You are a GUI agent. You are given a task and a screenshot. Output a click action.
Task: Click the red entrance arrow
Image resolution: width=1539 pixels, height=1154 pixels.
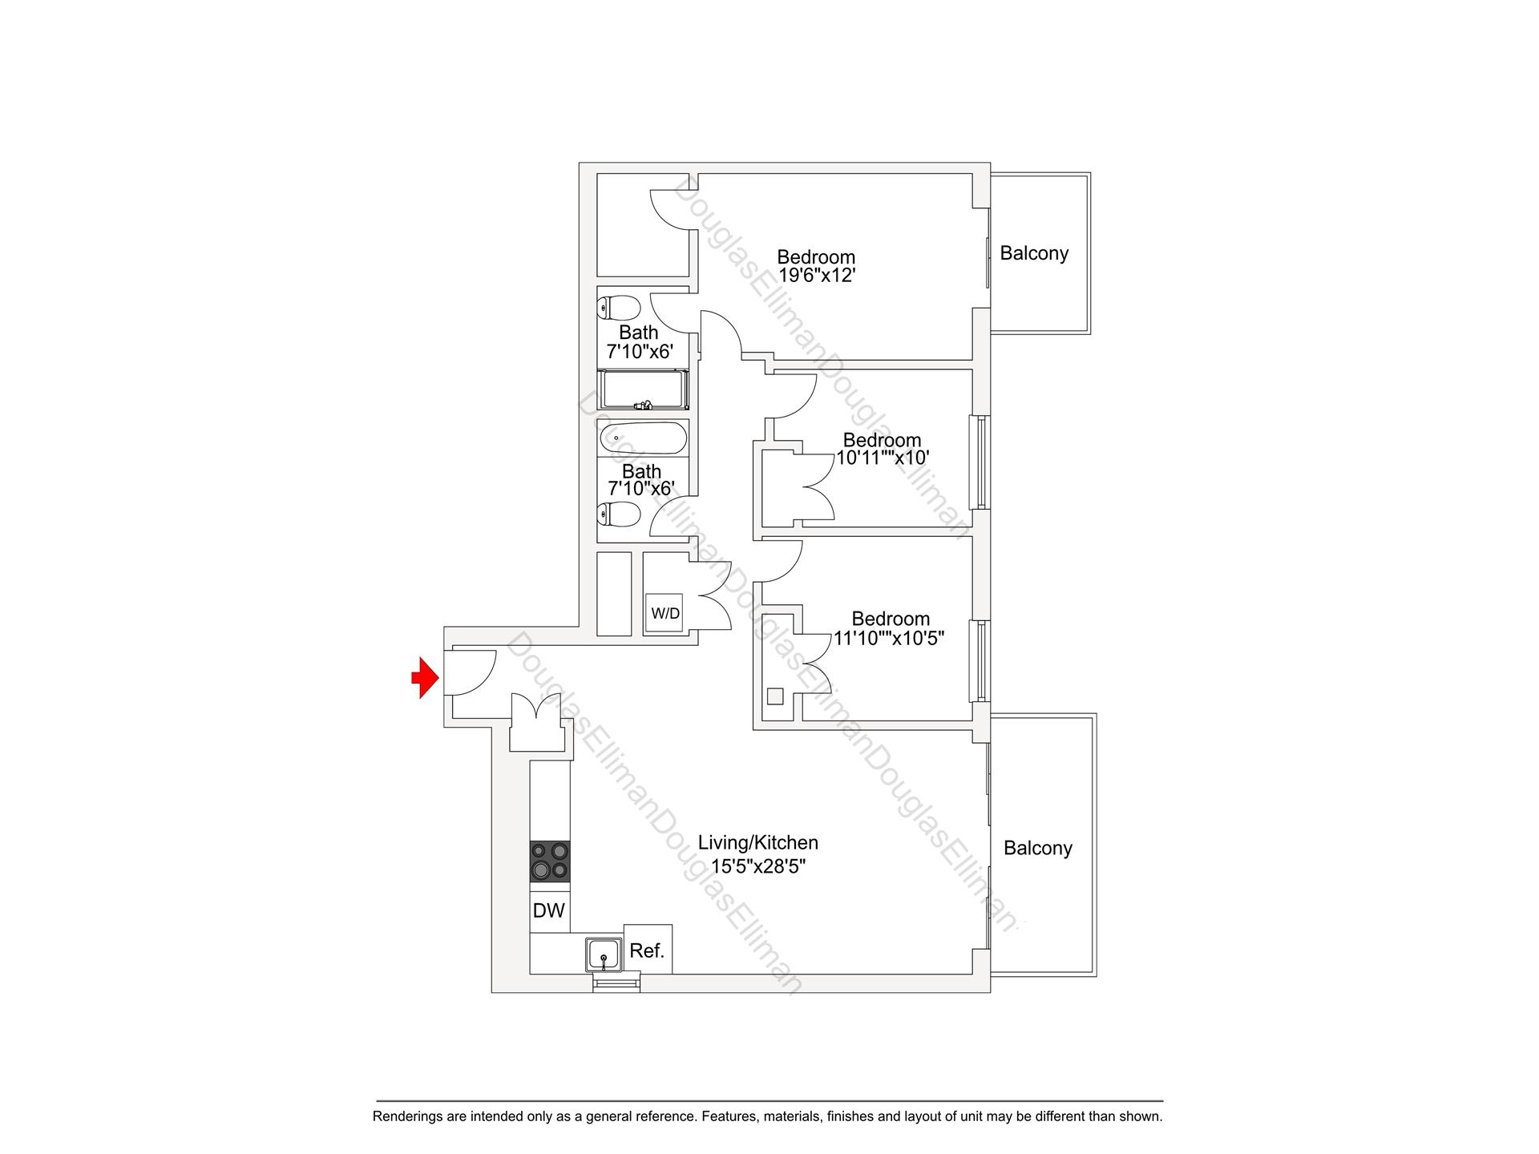(425, 678)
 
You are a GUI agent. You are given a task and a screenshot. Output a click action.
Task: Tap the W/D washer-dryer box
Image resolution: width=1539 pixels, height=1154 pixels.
(664, 614)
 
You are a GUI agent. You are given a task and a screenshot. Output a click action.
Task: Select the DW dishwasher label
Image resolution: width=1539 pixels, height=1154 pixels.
(549, 910)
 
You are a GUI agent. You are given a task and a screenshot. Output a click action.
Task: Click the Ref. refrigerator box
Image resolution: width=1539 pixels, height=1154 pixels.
(648, 950)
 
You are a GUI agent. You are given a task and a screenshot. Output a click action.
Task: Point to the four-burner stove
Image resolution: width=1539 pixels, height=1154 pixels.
(550, 861)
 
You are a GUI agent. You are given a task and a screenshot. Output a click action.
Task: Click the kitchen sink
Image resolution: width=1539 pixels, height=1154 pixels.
(604, 954)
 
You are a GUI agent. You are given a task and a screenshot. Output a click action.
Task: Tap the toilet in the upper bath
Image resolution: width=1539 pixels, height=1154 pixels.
(620, 308)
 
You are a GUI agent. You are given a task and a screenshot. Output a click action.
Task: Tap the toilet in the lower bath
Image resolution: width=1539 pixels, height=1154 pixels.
(620, 514)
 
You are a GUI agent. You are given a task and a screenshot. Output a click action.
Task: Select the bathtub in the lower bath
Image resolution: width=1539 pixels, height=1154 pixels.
(643, 438)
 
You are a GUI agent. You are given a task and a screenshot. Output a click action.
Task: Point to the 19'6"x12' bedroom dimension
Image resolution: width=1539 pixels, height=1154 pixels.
(817, 276)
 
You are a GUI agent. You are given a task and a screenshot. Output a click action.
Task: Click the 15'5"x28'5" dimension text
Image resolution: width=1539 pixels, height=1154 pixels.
(757, 866)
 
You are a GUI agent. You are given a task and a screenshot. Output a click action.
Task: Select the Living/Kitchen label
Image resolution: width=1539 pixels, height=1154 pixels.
(757, 843)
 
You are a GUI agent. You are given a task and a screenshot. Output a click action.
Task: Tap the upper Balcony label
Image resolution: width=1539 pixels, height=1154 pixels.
(1034, 253)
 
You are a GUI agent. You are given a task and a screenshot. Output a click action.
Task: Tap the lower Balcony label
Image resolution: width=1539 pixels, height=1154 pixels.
(1037, 848)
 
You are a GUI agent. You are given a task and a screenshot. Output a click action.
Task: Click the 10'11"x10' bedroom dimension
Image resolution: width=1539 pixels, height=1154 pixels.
(883, 458)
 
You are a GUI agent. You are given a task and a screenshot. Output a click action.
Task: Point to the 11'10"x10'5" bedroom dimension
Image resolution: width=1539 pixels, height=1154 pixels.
(890, 639)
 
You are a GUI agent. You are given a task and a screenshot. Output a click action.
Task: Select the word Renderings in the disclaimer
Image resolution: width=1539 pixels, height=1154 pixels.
(406, 1116)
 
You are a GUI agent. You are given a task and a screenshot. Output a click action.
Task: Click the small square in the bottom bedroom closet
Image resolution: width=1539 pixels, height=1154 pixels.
(774, 696)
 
